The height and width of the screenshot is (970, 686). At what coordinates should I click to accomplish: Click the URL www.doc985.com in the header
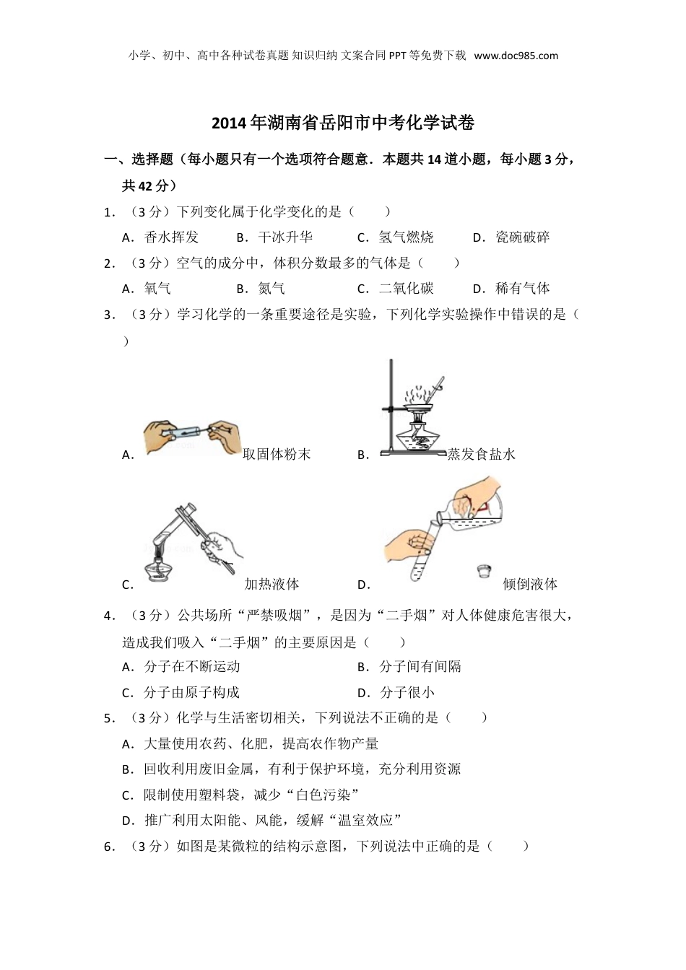pyautogui.click(x=516, y=56)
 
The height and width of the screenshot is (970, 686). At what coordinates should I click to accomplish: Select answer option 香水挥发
pyautogui.click(x=171, y=237)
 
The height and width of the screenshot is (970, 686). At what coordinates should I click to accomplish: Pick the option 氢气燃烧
pyautogui.click(x=406, y=237)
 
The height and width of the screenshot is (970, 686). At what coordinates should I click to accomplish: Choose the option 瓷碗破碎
pyautogui.click(x=523, y=237)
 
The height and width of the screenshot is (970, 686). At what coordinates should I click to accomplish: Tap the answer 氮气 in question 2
pyautogui.click(x=272, y=289)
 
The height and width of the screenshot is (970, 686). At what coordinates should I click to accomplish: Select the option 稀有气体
pyautogui.click(x=523, y=289)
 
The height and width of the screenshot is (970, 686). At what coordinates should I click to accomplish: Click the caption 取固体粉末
pyautogui.click(x=277, y=454)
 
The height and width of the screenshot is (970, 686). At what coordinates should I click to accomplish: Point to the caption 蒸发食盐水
pyautogui.click(x=481, y=454)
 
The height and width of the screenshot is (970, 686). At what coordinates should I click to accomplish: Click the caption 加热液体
pyautogui.click(x=272, y=584)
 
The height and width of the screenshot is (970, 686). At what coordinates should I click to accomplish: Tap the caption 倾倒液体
pyautogui.click(x=530, y=584)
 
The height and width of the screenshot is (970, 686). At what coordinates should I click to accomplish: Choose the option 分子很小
pyautogui.click(x=407, y=692)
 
